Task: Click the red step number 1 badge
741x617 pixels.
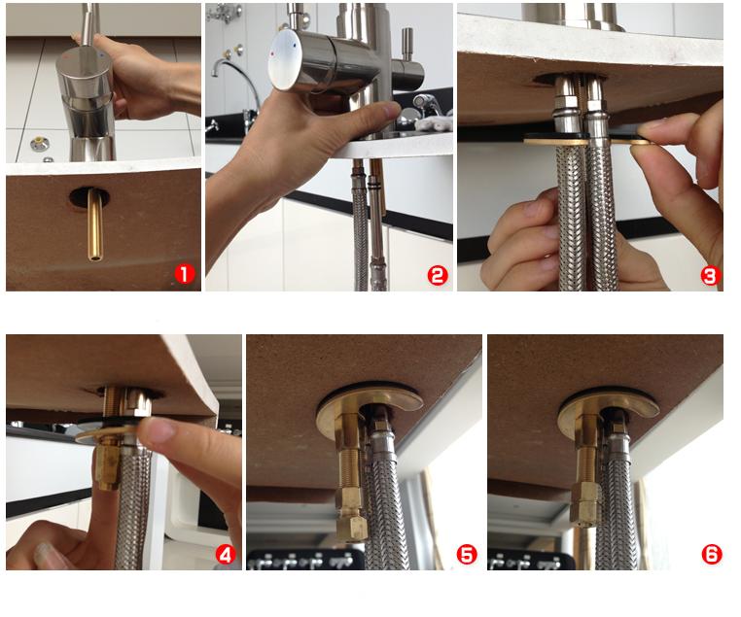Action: [185, 274]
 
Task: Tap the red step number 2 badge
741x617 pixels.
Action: [438, 275]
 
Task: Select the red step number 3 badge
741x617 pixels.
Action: [710, 276]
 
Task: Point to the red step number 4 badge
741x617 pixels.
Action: [226, 554]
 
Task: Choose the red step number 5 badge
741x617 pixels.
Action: [467, 554]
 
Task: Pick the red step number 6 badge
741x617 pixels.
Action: [712, 554]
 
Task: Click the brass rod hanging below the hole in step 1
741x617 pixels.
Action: [95, 224]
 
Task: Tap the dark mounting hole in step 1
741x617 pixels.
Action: [89, 196]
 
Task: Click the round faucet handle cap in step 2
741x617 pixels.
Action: [285, 59]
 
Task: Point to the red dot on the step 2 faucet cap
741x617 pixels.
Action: [272, 54]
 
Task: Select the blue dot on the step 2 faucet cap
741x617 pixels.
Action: [295, 47]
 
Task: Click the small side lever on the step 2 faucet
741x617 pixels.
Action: [406, 45]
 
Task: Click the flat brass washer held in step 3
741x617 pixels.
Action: [586, 140]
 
